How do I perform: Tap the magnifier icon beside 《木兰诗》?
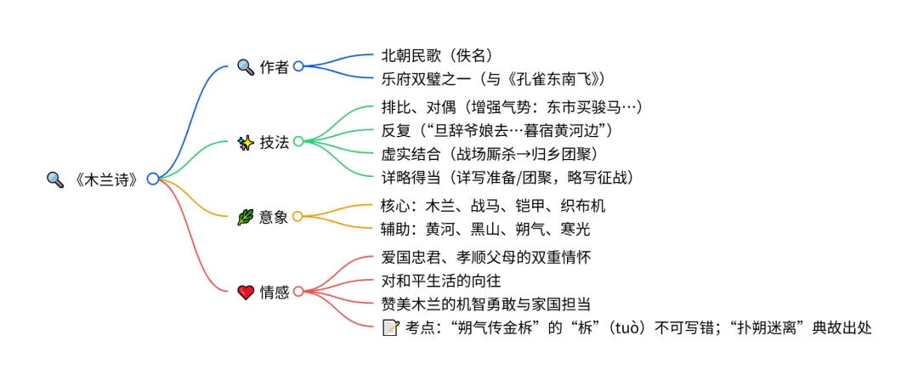pos(54,179)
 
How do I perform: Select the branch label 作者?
pos(275,67)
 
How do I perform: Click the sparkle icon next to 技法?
pos(245,142)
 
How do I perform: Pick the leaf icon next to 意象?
pos(245,217)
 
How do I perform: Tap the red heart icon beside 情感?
pos(245,293)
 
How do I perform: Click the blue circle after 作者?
pos(297,66)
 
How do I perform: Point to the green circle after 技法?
pos(297,141)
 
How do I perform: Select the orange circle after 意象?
pos(297,217)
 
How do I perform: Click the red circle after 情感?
pos(297,292)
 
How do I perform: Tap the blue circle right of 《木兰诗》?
pos(152,179)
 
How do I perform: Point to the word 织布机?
pos(583,205)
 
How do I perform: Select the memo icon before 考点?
pos(391,327)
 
